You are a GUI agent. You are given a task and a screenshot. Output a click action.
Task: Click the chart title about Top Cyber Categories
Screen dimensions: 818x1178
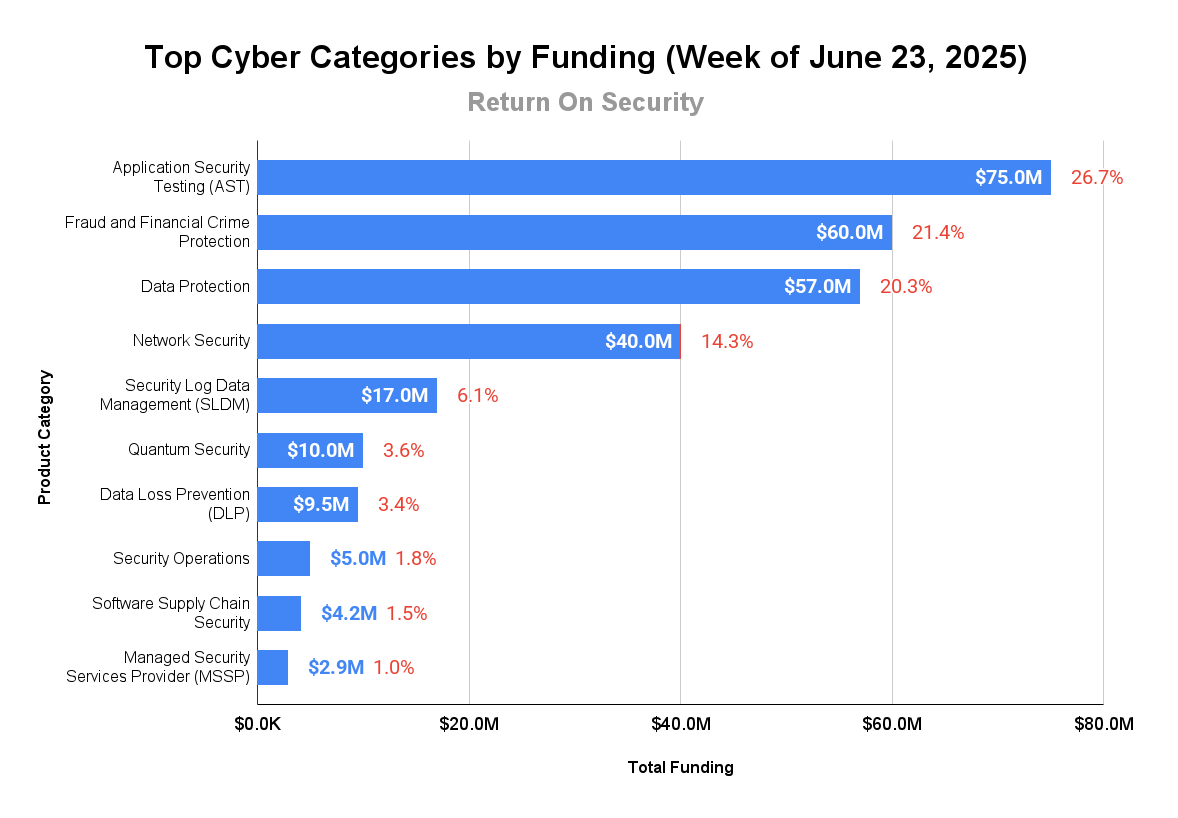[585, 58]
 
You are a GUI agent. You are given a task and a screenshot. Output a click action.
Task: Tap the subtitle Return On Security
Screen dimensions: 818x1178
[585, 102]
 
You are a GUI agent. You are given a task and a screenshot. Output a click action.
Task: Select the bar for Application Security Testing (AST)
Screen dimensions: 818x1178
[600, 178]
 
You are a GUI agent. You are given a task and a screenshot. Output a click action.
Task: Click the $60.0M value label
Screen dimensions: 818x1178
[849, 233]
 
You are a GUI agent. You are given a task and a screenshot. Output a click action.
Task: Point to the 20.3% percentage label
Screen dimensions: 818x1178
[906, 287]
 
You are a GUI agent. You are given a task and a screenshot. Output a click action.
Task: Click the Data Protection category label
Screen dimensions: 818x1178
[195, 287]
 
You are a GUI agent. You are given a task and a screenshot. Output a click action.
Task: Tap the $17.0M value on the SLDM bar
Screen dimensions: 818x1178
[394, 395]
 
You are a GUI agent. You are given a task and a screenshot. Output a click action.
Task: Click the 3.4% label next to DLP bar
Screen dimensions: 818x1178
[398, 504]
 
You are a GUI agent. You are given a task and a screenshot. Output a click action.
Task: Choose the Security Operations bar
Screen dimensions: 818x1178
[283, 558]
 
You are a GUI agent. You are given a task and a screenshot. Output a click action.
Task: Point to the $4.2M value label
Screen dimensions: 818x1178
[349, 613]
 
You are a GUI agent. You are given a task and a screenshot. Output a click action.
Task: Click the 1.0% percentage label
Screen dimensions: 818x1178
[394, 667]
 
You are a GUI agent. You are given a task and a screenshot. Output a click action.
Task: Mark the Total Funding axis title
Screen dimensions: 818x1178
[680, 768]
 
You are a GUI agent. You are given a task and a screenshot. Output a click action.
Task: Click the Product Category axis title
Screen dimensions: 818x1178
[45, 437]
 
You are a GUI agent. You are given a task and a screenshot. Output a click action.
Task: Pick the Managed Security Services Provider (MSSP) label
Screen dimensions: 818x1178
[158, 666]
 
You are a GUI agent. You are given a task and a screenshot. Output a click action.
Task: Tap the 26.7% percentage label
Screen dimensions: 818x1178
[1097, 178]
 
